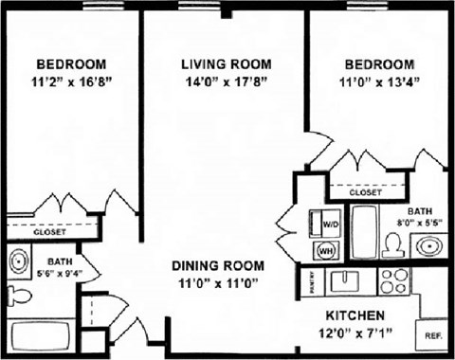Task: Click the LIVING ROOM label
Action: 226,64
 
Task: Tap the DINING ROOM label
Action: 226,265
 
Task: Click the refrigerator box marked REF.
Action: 433,335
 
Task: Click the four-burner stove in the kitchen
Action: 393,280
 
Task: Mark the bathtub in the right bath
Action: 365,230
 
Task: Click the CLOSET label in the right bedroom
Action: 365,192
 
